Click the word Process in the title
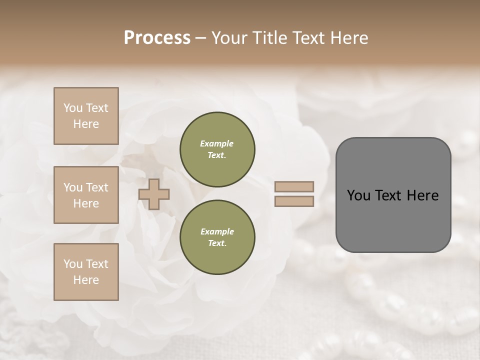pos(157,38)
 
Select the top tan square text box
pos(86,116)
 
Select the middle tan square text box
pos(86,195)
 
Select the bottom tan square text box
pos(86,272)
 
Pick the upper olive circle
pos(217,149)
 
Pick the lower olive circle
pos(217,237)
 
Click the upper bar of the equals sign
pos(294,187)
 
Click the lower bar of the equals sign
pos(294,201)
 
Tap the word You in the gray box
pos(358,195)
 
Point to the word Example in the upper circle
pos(217,143)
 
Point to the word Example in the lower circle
pos(217,231)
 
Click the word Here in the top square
pos(86,124)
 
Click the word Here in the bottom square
pos(86,280)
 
